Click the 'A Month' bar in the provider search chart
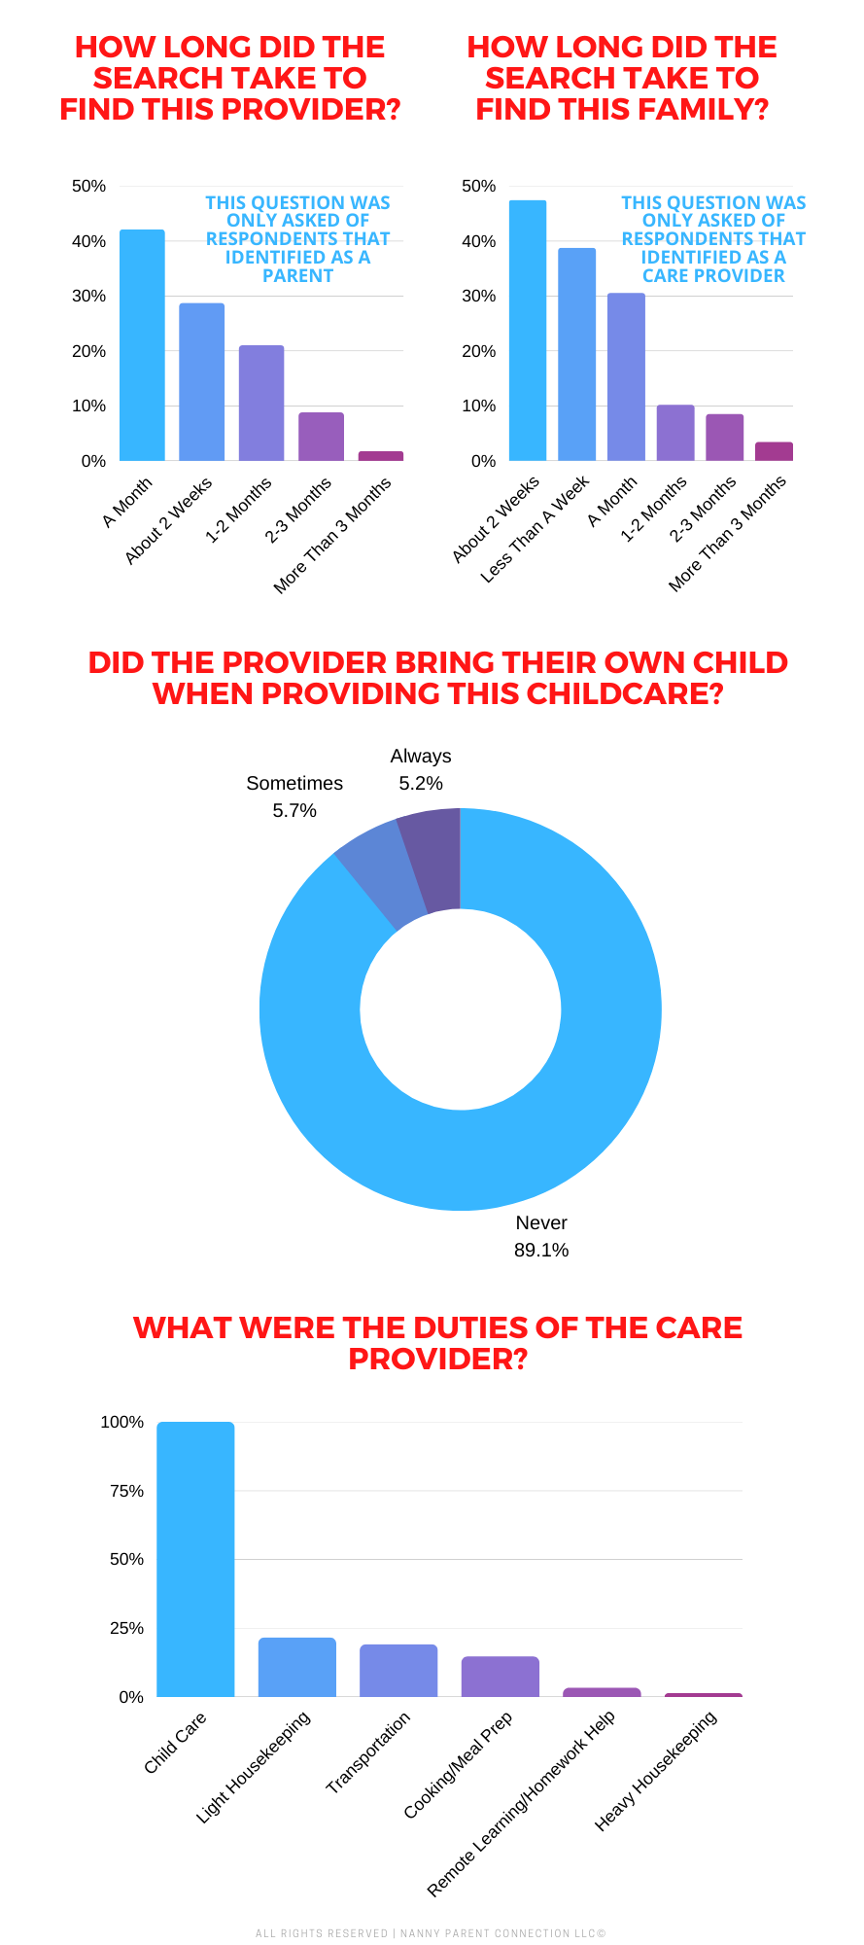[142, 345]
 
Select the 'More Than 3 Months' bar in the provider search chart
[380, 455]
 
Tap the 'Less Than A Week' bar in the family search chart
[576, 354]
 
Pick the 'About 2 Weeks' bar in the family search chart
[527, 331]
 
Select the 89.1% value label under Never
[541, 1250]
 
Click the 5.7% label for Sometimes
[294, 810]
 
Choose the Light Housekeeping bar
[296, 1668]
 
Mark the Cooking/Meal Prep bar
[500, 1677]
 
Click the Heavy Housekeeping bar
[703, 1695]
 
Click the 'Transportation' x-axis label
[368, 1752]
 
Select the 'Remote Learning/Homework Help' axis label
[522, 1803]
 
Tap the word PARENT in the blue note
[297, 275]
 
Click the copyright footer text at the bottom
[431, 1933]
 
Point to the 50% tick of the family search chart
[478, 186]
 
